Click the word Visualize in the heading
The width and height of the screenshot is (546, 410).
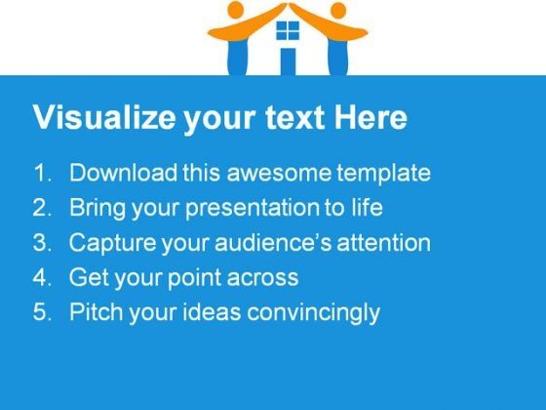pyautogui.click(x=104, y=117)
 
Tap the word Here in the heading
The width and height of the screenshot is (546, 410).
pyautogui.click(x=370, y=117)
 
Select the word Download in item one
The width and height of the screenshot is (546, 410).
pyautogui.click(x=123, y=172)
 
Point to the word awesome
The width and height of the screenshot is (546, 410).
pyautogui.click(x=279, y=174)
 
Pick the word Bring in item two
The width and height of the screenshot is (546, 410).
pyautogui.click(x=97, y=209)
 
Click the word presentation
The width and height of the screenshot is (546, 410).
pyautogui.click(x=253, y=209)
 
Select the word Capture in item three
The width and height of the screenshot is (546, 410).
pyautogui.click(x=112, y=243)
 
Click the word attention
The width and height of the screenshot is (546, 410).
pyautogui.click(x=384, y=243)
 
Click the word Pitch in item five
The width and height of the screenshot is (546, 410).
pyautogui.click(x=97, y=311)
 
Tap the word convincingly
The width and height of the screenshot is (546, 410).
pyautogui.click(x=313, y=312)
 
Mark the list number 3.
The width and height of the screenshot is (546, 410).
pyautogui.click(x=42, y=242)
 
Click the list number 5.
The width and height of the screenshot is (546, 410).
pyautogui.click(x=42, y=311)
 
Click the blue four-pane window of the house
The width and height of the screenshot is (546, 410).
pyautogui.click(x=288, y=30)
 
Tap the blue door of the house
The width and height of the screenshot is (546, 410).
pyautogui.click(x=288, y=61)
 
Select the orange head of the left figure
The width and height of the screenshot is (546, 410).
pyautogui.click(x=235, y=10)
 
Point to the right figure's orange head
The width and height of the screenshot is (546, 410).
pyautogui.click(x=338, y=11)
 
